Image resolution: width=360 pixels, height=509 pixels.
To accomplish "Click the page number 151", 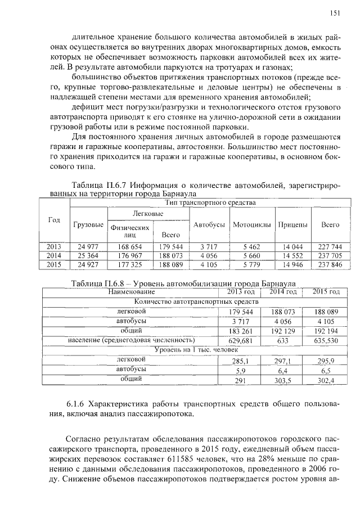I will tap(335, 13).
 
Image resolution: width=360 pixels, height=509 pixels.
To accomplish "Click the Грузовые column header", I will tap(88, 224).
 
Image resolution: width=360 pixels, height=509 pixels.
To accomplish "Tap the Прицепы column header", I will tap(292, 224).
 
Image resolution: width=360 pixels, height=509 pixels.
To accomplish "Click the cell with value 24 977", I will tap(88, 246).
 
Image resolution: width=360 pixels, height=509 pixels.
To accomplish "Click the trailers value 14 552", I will tap(292, 255).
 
